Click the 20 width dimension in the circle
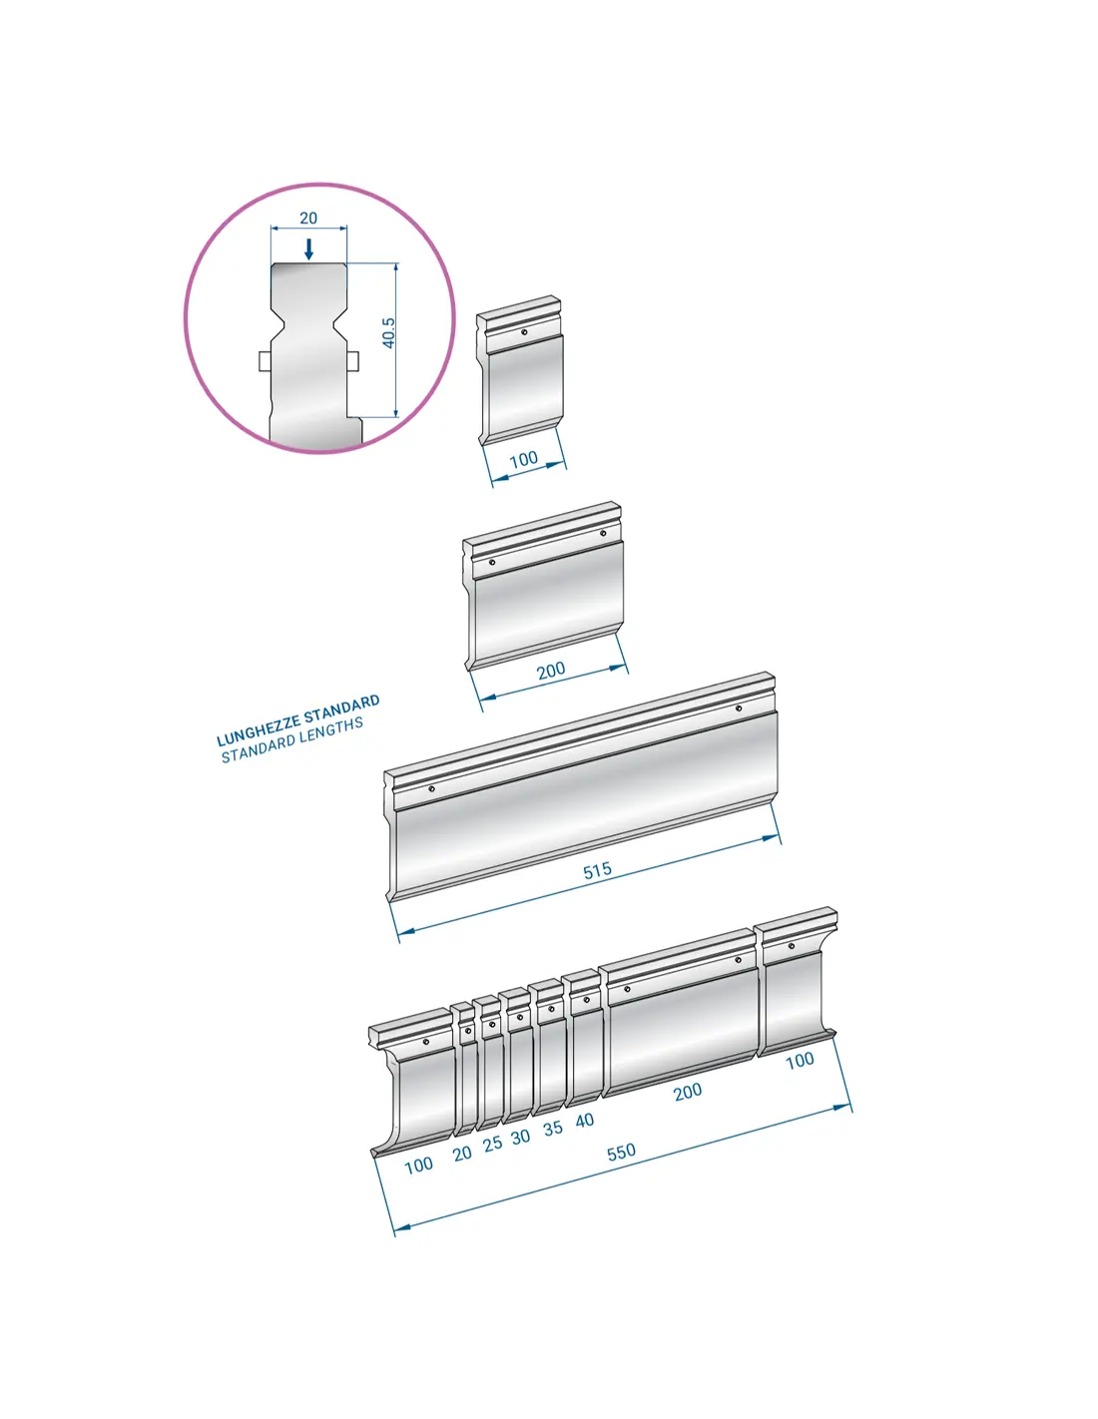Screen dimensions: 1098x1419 (307, 219)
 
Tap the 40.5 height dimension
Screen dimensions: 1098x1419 (388, 333)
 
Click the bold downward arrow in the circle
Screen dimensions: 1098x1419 (309, 248)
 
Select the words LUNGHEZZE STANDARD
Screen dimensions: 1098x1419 (297, 720)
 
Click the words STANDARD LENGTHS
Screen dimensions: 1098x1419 (292, 740)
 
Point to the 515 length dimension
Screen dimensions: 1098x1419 (597, 870)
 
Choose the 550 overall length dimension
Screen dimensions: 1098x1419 (621, 1152)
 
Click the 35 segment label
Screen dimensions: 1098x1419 (553, 1129)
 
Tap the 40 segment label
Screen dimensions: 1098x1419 (585, 1120)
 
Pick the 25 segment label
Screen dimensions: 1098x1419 (492, 1144)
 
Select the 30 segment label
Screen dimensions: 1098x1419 (520, 1137)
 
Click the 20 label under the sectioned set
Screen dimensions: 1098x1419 (462, 1154)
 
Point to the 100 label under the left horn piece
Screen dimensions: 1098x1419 (418, 1165)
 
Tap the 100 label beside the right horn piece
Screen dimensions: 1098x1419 (800, 1060)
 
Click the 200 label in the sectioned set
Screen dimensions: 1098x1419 (687, 1091)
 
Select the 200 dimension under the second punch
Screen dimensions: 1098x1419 (551, 670)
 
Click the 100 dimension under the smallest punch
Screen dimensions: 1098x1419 (523, 460)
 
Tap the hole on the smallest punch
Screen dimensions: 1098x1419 (524, 332)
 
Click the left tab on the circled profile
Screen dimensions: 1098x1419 (265, 361)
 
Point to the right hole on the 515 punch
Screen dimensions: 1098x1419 (738, 709)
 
